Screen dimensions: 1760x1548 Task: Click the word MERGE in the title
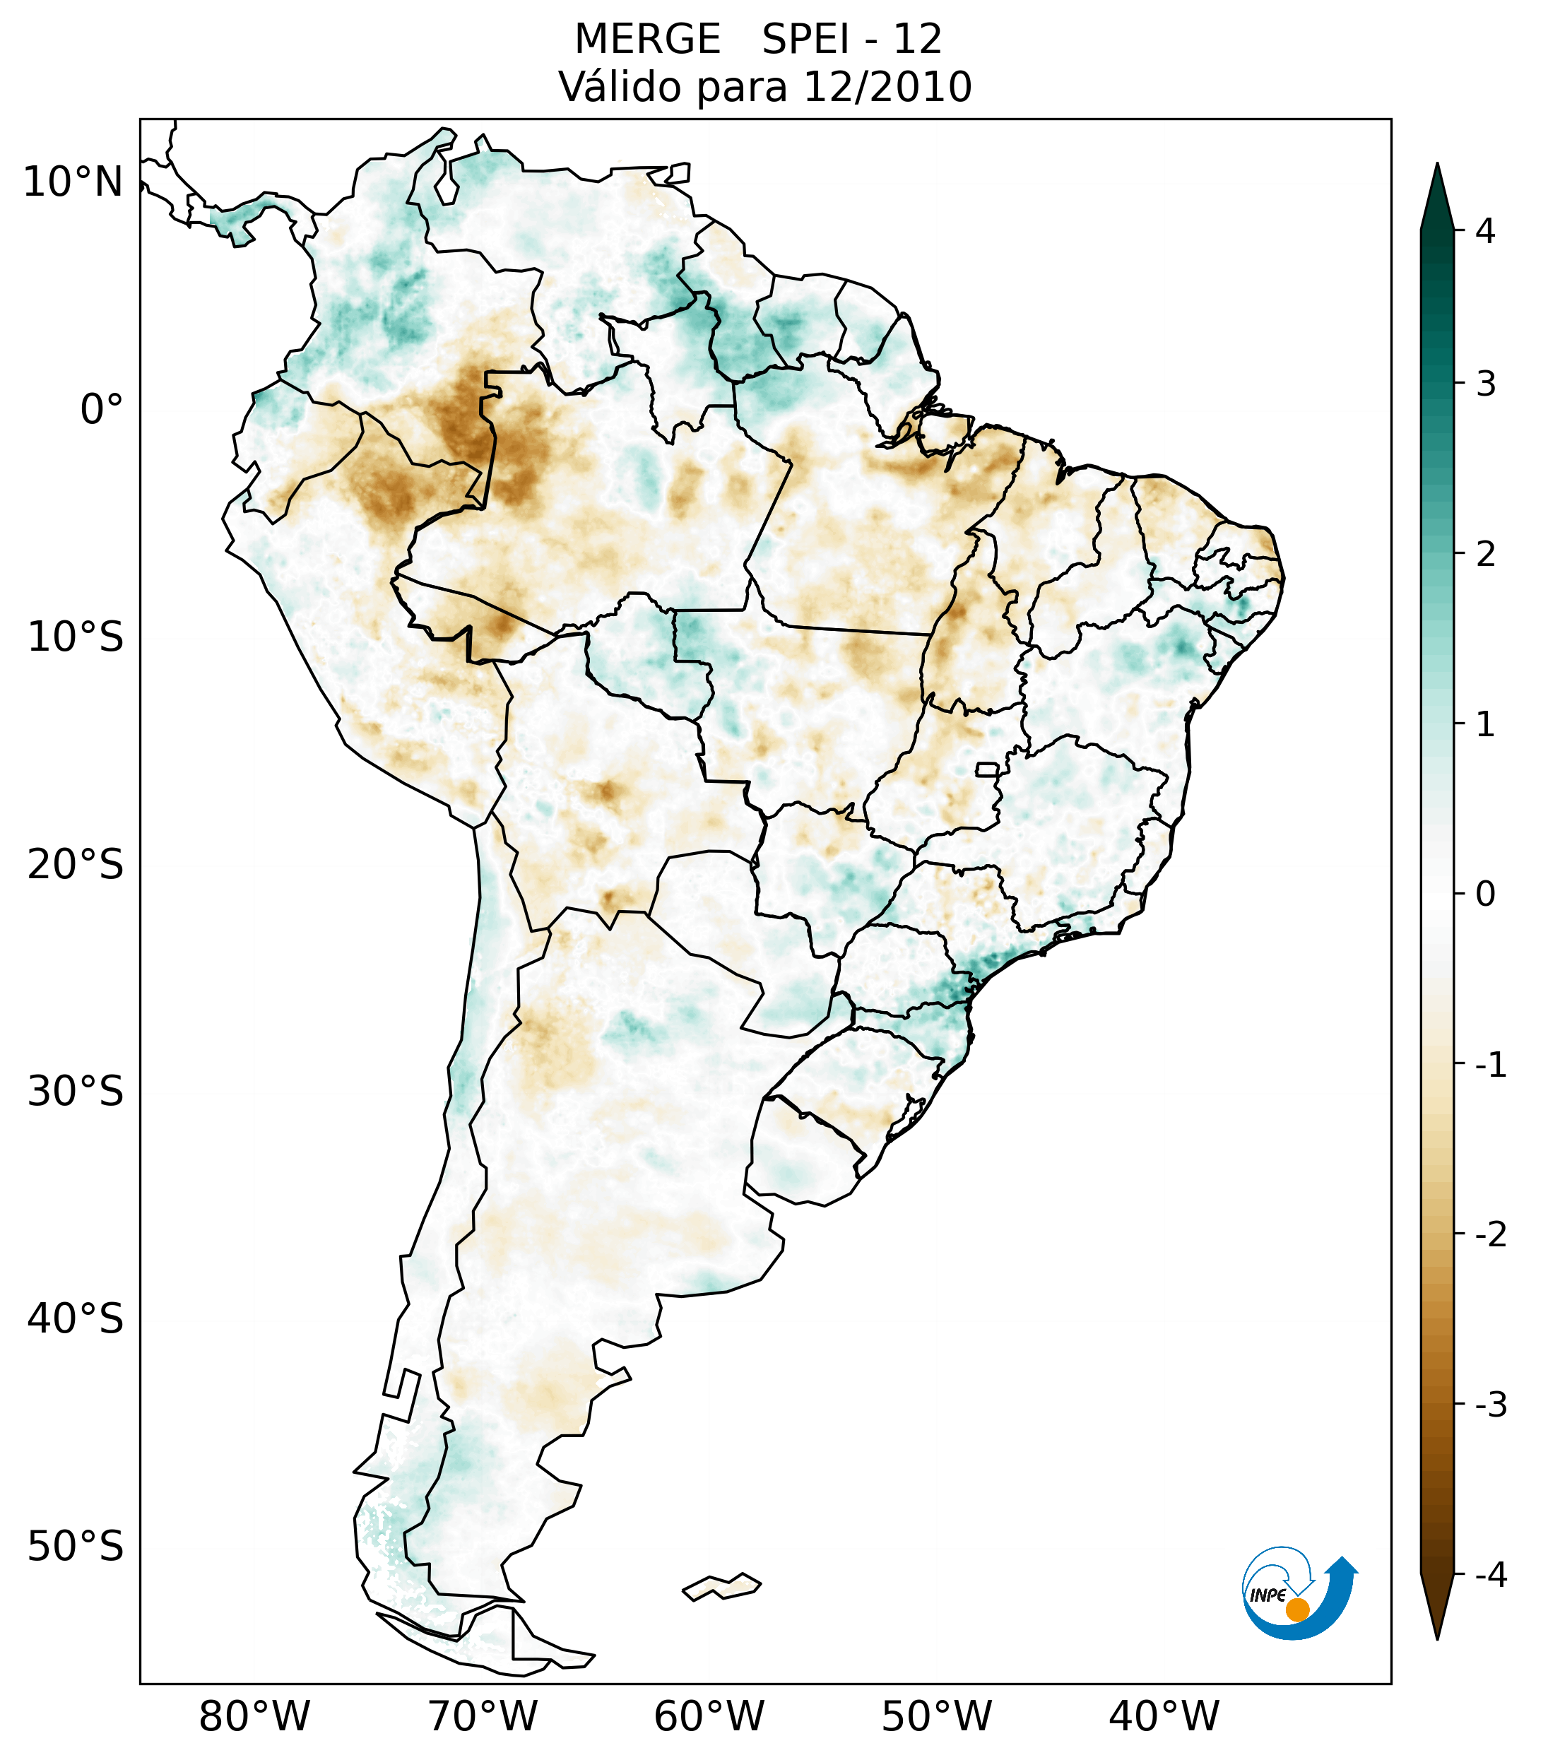[646, 40]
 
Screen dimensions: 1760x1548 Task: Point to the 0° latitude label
[102, 410]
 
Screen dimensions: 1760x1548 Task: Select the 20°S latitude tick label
[76, 865]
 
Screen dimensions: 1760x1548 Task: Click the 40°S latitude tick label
[76, 1318]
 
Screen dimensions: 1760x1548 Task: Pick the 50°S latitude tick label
[76, 1547]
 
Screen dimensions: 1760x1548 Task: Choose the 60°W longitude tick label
[709, 1716]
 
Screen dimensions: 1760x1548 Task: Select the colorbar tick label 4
[1485, 231]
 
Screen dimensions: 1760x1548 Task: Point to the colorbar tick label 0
[1485, 894]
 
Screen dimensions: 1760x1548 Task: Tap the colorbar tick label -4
[1490, 1575]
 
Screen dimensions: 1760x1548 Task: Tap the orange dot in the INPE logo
[1296, 1610]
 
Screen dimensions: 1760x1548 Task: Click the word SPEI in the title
[805, 40]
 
